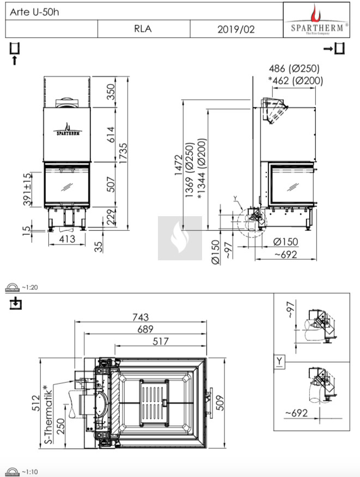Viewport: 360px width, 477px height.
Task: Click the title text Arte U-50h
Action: coord(34,12)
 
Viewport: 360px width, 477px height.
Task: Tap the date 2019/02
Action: coord(236,29)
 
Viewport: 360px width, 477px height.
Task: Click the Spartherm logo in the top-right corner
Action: coord(316,20)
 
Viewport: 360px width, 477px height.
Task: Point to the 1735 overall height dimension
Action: coord(123,154)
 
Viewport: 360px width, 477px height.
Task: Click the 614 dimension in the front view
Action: coord(111,134)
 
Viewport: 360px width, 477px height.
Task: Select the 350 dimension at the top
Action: coord(111,91)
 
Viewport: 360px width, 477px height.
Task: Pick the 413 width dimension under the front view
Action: coord(67,239)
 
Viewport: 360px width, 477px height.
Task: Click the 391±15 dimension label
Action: coord(27,189)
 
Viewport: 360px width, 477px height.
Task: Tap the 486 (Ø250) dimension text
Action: coord(294,69)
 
